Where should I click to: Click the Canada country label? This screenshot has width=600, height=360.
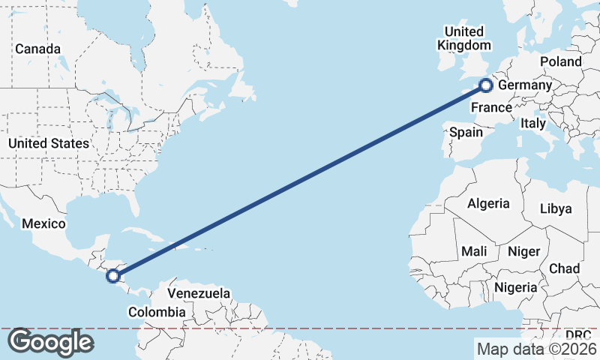[37, 49]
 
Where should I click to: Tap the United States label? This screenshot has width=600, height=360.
[49, 143]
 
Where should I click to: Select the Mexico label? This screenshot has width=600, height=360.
[44, 223]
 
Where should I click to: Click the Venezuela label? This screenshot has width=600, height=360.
[199, 293]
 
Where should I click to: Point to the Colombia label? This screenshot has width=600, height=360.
[156, 312]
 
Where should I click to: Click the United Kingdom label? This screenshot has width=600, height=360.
[464, 38]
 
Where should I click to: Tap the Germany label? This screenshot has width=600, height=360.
[525, 85]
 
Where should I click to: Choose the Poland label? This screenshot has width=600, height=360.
[560, 61]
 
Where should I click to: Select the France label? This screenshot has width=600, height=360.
[491, 108]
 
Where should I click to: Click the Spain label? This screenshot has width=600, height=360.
[466, 132]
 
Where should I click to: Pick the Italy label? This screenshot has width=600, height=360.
[533, 123]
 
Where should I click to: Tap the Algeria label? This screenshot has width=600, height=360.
[488, 203]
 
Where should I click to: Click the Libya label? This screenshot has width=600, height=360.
[556, 208]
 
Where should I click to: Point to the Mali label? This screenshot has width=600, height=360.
[474, 251]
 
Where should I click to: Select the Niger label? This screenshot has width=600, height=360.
[523, 251]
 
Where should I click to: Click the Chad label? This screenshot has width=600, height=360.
[565, 268]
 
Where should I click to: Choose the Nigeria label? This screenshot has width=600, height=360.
[515, 287]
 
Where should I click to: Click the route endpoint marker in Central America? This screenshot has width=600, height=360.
[112, 276]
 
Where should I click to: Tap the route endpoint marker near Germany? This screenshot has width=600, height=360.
[485, 85]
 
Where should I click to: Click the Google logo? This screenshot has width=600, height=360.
[50, 342]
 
